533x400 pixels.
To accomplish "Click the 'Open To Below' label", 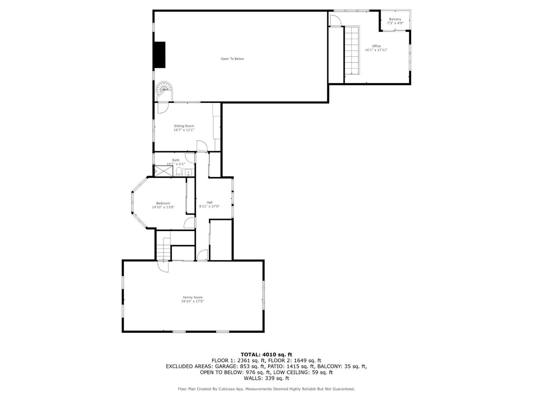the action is (232, 59).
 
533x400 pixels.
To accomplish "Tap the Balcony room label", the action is (395, 19).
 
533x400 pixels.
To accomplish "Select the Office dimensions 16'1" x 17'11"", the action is (376, 50).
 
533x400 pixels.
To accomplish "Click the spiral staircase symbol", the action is (164, 91).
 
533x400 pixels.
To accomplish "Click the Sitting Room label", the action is (184, 126).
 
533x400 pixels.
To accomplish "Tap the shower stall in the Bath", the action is (164, 171).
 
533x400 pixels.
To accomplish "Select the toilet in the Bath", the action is (179, 171).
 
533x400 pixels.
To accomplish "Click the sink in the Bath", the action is (188, 173).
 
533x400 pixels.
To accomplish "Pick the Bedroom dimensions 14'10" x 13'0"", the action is (163, 207).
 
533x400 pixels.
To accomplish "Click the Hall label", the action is (209, 202).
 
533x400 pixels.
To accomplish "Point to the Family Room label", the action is (192, 297).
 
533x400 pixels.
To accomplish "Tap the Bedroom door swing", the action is (189, 222).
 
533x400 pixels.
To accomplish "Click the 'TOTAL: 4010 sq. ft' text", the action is (266, 355).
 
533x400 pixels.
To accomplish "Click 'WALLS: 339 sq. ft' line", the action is (266, 378).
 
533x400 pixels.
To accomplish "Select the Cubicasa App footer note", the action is (266, 389).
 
